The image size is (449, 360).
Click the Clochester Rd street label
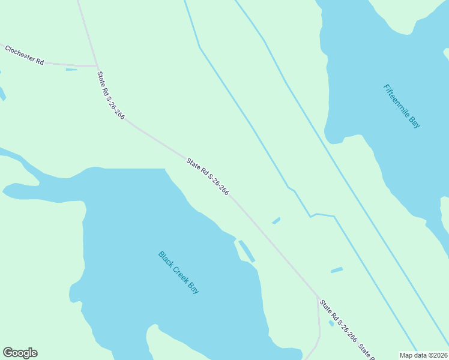[x=25, y=55]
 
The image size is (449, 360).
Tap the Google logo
[x=20, y=353]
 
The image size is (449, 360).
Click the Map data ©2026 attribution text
[x=424, y=355]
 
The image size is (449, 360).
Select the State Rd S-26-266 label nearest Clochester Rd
[x=110, y=95]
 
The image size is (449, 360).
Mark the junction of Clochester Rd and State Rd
[x=97, y=65]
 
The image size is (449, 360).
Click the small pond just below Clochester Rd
[x=71, y=70]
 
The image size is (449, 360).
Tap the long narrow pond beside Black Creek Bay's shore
[x=247, y=251]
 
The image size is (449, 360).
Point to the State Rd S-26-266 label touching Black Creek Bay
[x=207, y=176]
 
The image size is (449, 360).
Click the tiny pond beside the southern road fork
[x=331, y=323]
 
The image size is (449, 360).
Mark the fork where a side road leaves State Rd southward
[x=318, y=297]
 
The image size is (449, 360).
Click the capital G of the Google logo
[x=8, y=353]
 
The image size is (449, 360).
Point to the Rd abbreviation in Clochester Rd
[x=40, y=61]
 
